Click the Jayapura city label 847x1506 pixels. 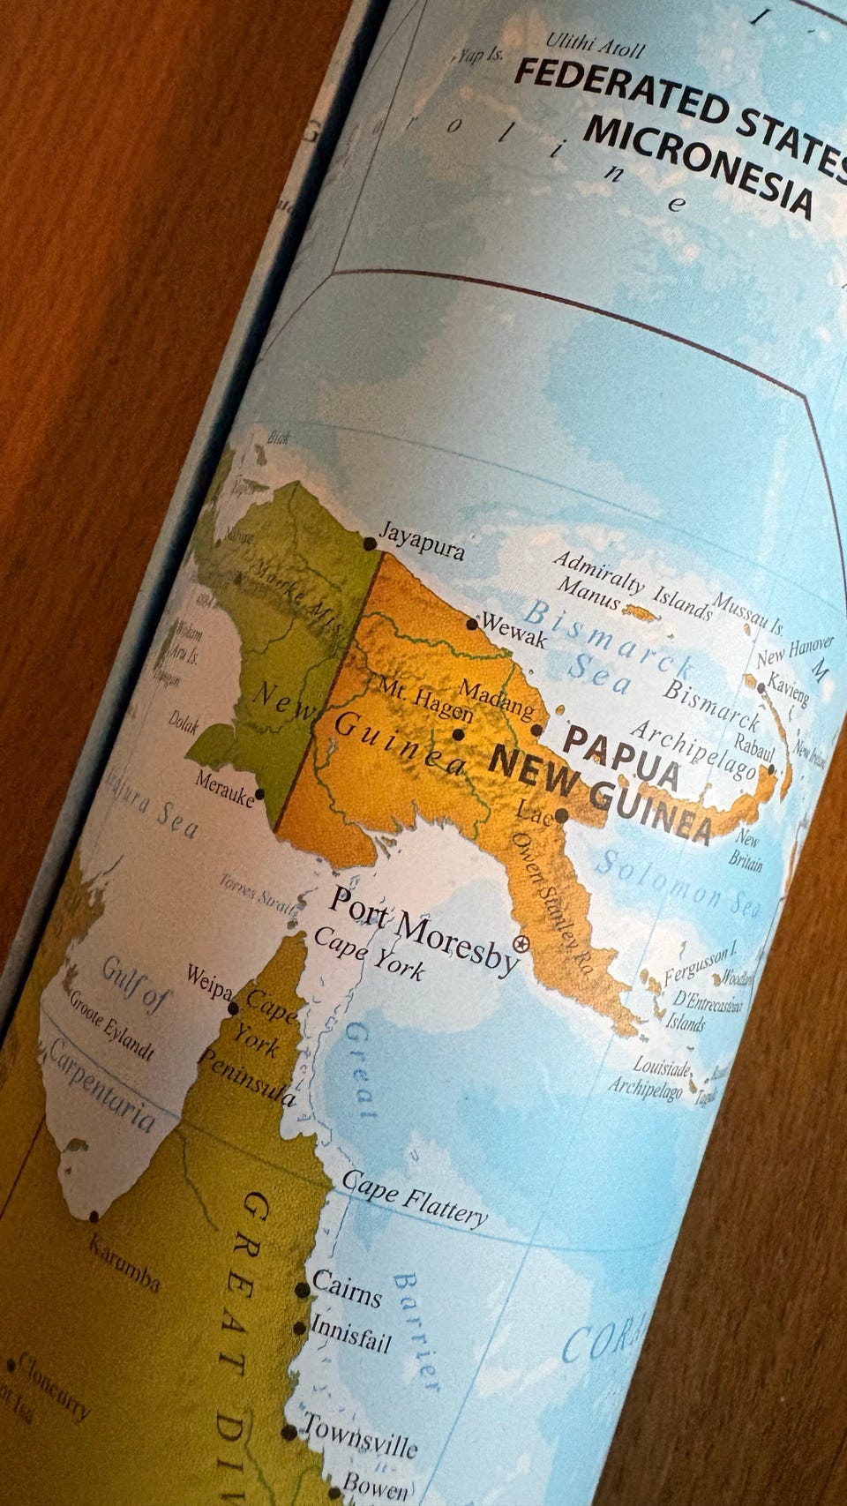point(422,540)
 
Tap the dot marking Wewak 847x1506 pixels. point(472,624)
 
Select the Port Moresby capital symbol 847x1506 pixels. point(521,946)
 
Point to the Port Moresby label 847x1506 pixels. point(423,930)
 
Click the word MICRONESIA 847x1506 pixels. point(697,168)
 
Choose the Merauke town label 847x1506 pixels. point(224,788)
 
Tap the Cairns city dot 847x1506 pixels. point(302,1290)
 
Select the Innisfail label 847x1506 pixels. point(351,1334)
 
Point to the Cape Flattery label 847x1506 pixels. point(415,1198)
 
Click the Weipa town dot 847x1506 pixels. point(233,1008)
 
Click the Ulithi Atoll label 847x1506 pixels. point(595,44)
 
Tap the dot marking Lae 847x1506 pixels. point(561,815)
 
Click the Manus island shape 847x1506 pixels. point(641,612)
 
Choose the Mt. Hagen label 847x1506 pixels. point(425,698)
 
